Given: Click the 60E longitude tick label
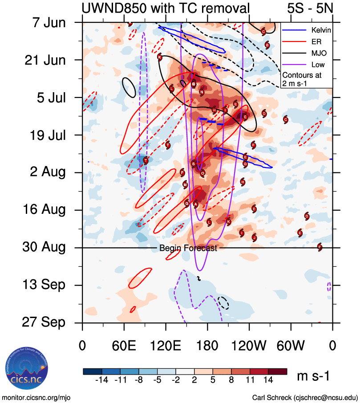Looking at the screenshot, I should tap(124, 346).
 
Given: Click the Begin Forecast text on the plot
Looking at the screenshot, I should tap(188, 248).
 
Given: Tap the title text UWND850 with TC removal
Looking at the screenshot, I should tap(165, 8).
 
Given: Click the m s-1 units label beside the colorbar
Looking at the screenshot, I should tap(313, 376).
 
